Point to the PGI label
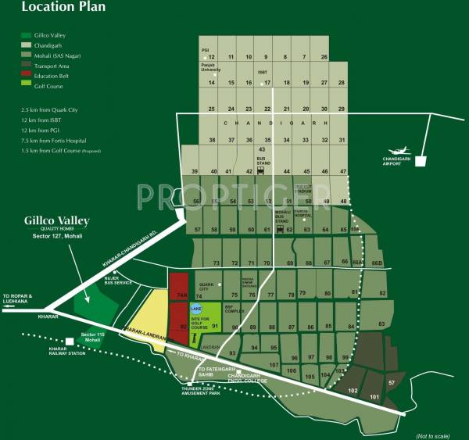click(x=206, y=50)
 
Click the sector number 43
click(x=263, y=148)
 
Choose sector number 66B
click(x=378, y=263)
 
